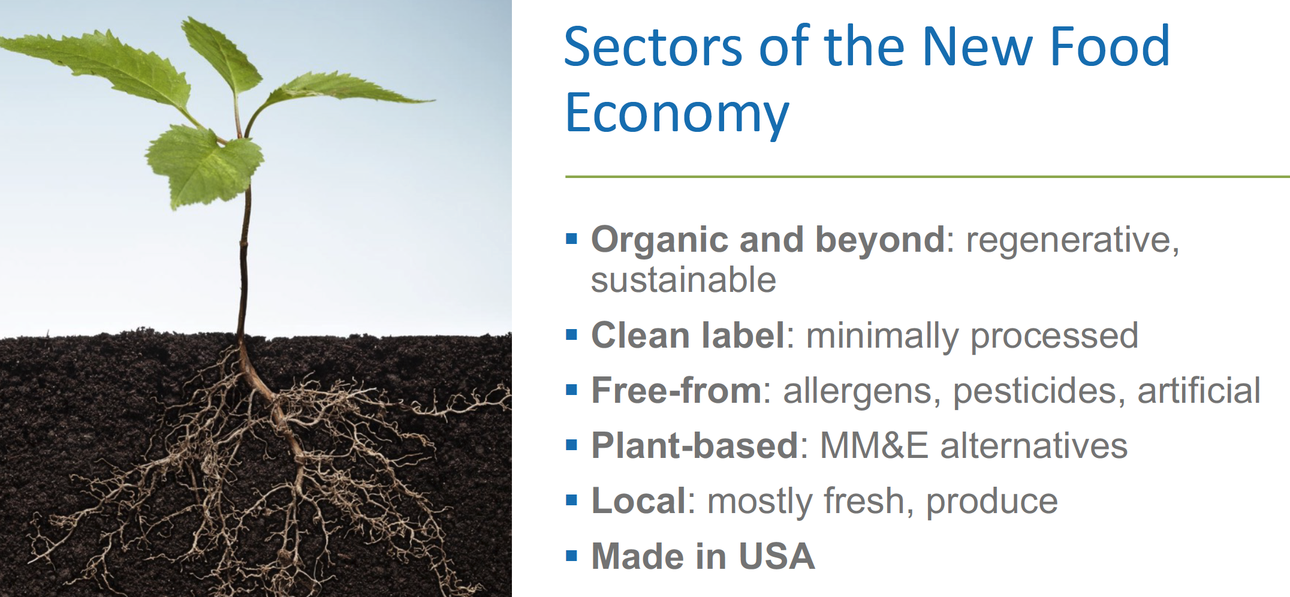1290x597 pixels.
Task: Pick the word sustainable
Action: pos(683,280)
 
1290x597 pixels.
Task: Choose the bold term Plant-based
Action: pos(695,445)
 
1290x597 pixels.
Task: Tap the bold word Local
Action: pos(638,500)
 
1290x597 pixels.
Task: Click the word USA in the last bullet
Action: pos(776,556)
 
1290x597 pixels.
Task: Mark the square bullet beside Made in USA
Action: pos(571,556)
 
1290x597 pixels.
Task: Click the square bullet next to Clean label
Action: pos(571,334)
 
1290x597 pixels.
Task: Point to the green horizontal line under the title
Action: pos(927,177)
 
